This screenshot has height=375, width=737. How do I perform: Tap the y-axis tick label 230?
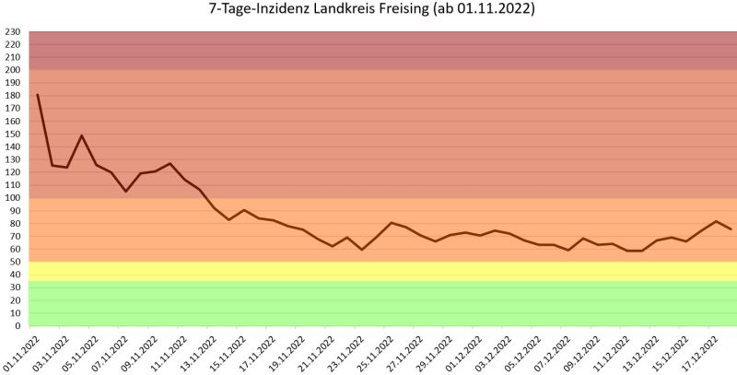pyautogui.click(x=13, y=32)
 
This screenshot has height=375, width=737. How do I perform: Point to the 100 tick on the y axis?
pyautogui.click(x=13, y=198)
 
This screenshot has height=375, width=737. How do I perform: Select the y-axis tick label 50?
pyautogui.click(x=16, y=263)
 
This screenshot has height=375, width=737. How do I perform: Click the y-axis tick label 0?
pyautogui.click(x=18, y=326)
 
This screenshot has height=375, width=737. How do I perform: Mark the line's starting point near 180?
pyautogui.click(x=38, y=95)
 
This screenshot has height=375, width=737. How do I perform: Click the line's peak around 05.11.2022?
pyautogui.click(x=82, y=135)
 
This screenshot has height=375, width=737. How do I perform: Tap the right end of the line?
pyautogui.click(x=731, y=229)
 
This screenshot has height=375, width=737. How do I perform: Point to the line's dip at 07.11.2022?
pyautogui.click(x=126, y=191)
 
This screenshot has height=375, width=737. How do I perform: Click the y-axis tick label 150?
pyautogui.click(x=13, y=135)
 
